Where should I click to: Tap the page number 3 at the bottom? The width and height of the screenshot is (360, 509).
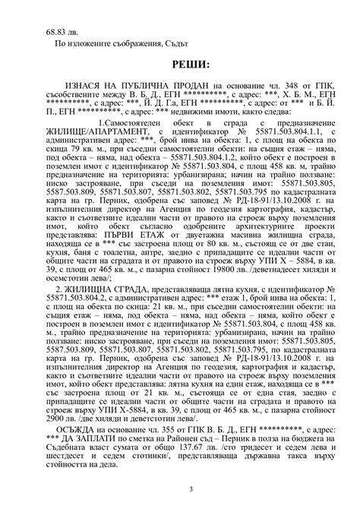pyautogui.click(x=180, y=491)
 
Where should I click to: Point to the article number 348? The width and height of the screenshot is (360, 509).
pyautogui.click(x=279, y=87)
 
